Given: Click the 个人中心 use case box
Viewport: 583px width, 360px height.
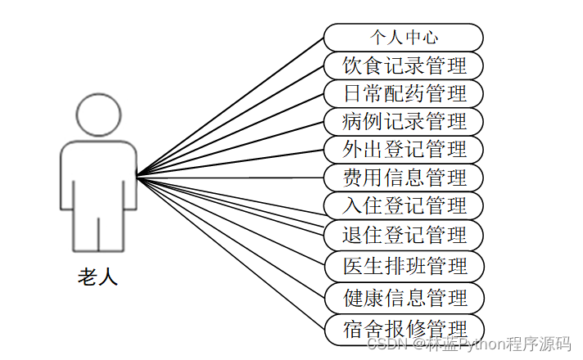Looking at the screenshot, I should pos(403,37).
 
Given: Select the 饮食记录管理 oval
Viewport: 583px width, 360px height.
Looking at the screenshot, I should pos(403,65).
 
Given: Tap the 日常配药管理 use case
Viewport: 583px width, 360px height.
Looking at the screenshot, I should pos(403,93).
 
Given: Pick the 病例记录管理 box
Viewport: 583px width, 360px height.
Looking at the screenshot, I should pos(403,122).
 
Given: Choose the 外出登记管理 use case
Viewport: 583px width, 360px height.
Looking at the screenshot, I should pos(403,150).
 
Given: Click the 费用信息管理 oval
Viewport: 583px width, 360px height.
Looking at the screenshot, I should pos(403,178).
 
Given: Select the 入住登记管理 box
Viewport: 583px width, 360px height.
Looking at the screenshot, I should pos(403,205).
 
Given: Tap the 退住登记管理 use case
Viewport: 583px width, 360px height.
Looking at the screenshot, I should pos(403,236).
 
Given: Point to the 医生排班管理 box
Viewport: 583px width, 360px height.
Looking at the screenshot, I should pos(403,266).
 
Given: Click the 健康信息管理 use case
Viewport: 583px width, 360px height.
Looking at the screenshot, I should pos(403,296).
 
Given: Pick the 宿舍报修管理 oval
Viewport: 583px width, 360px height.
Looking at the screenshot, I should pos(403,328).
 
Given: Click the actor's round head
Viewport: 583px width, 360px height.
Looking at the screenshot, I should pos(98,112).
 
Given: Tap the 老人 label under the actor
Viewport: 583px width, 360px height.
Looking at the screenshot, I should pos(98,277).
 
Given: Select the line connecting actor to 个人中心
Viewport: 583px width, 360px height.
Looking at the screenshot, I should pos(229,107).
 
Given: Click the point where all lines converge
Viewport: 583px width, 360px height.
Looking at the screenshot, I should pos(138,176).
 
